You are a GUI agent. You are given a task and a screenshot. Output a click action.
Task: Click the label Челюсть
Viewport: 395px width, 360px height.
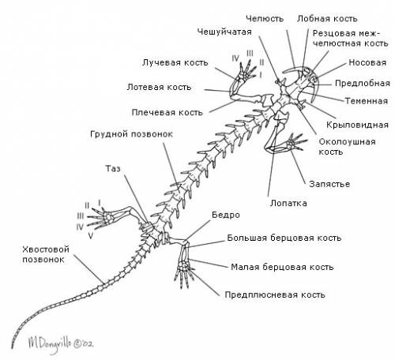[265, 19]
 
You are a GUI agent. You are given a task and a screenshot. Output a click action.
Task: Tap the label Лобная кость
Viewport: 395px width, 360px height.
[327, 19]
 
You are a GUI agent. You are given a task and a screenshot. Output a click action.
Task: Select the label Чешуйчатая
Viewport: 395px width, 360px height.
[224, 32]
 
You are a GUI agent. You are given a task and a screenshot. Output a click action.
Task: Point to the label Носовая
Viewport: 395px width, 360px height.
[367, 62]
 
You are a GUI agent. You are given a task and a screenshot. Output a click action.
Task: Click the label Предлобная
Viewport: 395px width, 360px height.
[363, 84]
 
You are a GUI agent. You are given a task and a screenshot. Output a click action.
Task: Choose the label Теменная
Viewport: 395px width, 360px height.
[367, 101]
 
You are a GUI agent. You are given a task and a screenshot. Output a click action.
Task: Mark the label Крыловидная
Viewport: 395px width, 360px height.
[357, 125]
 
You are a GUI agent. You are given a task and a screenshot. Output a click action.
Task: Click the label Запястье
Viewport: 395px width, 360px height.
[329, 184]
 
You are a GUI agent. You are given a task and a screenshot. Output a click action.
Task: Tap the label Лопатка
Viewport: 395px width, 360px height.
[288, 203]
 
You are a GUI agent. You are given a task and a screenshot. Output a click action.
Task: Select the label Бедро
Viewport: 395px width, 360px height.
[226, 215]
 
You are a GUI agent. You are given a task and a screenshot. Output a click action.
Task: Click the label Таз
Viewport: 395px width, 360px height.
[113, 168]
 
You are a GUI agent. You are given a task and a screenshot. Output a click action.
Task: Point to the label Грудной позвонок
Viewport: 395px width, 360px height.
[131, 134]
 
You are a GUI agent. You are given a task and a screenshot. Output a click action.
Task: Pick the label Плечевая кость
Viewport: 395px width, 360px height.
[167, 113]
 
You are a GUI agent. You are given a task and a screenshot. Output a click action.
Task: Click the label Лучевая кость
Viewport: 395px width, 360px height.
[175, 62]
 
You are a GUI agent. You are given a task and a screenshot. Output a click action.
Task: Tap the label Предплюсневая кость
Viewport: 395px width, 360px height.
[275, 294]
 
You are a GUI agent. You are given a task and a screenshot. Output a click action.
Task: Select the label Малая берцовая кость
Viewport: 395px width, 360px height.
[282, 267]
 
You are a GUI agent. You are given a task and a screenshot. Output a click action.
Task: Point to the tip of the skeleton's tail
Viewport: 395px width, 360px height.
[12, 348]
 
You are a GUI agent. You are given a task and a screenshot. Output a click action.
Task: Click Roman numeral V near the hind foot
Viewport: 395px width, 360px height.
[90, 235]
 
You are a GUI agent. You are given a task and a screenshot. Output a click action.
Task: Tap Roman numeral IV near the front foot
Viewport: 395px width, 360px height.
[235, 58]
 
